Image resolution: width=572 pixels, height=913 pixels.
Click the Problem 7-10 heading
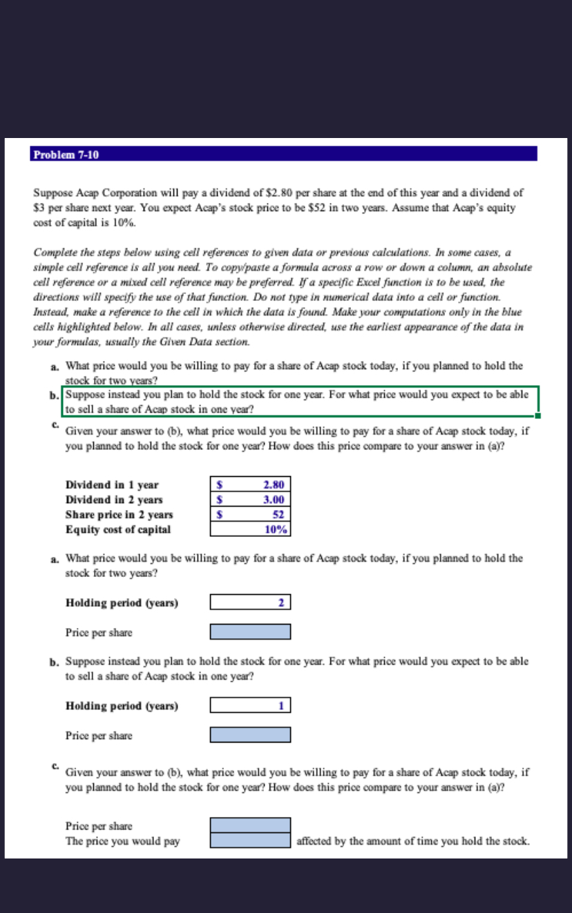click(66, 155)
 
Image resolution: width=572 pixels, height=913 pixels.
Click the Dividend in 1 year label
click(112, 485)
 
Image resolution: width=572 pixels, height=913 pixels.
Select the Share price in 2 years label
click(119, 515)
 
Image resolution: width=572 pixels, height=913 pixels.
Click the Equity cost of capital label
click(117, 529)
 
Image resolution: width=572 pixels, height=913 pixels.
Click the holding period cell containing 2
click(250, 602)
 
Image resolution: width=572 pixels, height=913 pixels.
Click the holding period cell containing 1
click(250, 705)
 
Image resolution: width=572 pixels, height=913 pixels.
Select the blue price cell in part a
click(250, 632)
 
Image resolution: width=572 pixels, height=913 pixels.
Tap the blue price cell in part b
click(250, 735)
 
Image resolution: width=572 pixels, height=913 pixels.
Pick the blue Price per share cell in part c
click(250, 825)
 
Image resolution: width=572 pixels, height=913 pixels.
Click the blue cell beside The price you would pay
click(250, 841)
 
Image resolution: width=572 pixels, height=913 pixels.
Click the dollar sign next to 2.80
click(220, 485)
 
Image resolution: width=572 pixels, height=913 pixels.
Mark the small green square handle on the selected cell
click(537, 416)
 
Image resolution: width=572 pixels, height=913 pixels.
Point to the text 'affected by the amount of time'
click(366, 841)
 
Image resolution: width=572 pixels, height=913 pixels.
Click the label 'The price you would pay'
click(122, 841)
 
